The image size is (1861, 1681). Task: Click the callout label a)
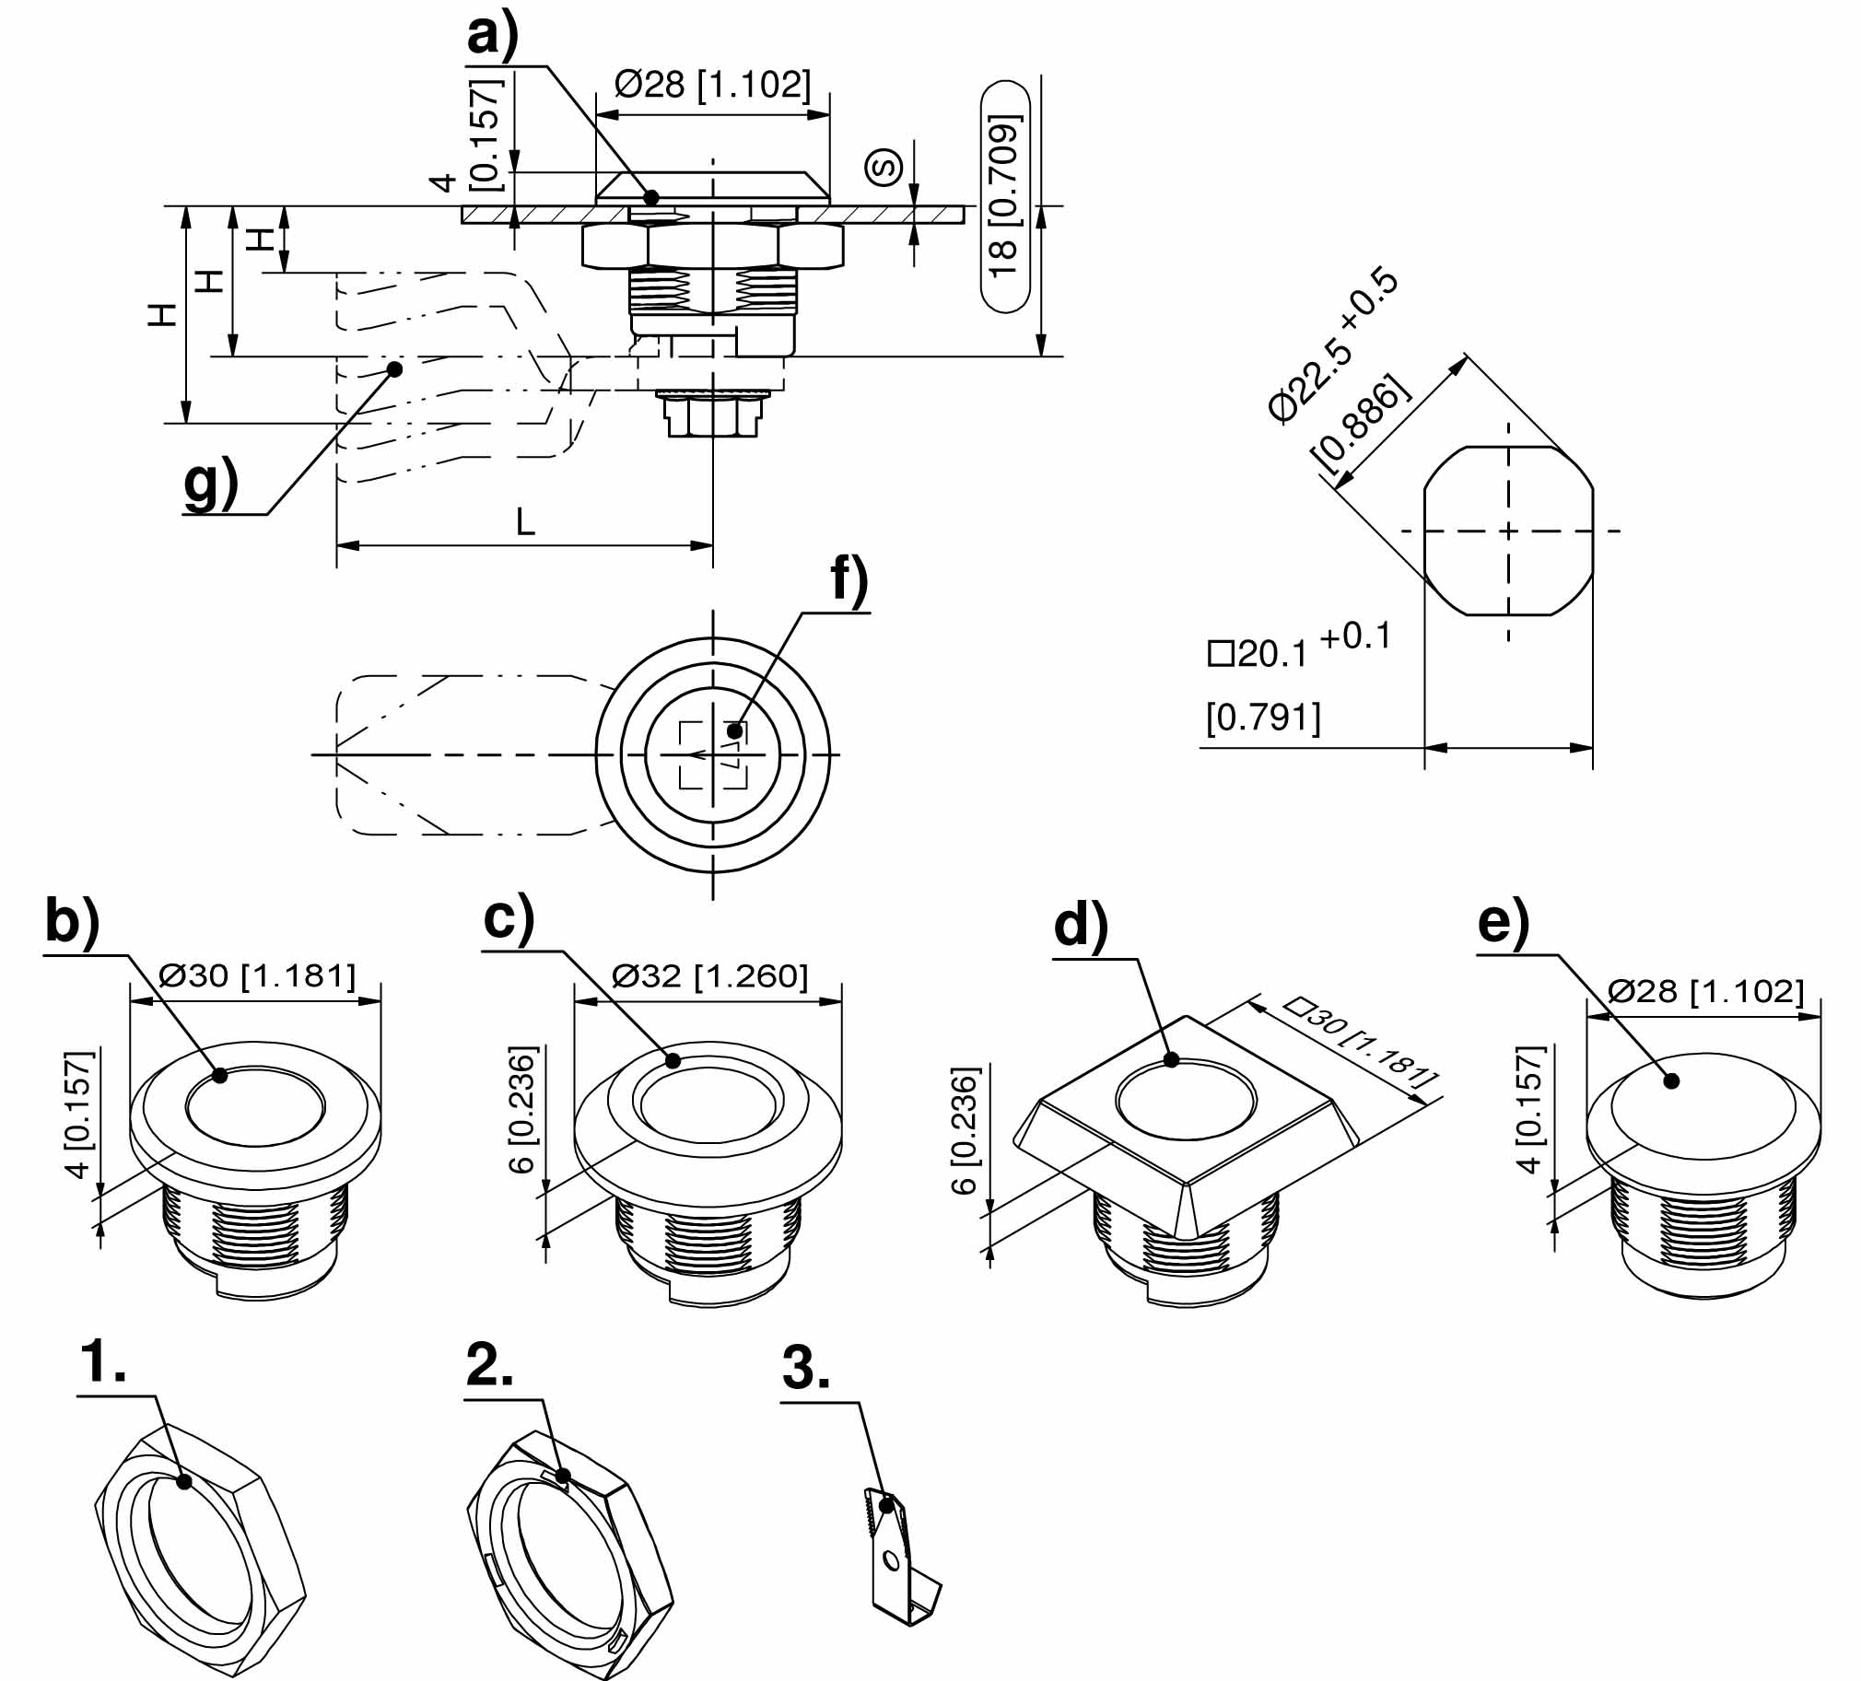tap(493, 37)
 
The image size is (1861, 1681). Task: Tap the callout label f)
tap(849, 582)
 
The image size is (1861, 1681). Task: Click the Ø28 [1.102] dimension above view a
tap(713, 85)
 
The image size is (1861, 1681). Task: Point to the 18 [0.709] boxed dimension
tap(1003, 196)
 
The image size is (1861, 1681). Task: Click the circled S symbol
tap(884, 167)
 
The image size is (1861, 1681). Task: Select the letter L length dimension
tap(525, 523)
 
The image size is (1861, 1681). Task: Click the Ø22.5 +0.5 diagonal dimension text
tap(1333, 345)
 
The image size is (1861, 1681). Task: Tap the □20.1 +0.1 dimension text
tap(1298, 648)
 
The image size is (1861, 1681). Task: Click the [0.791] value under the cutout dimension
tap(1263, 718)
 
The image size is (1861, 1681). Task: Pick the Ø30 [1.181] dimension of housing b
tap(257, 975)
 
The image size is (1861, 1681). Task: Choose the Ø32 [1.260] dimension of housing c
tap(709, 975)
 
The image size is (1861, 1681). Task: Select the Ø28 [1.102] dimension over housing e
tap(1705, 990)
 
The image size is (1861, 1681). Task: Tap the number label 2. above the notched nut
tap(489, 1364)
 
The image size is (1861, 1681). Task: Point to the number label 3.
tap(805, 1368)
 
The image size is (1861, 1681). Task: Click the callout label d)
tap(1080, 926)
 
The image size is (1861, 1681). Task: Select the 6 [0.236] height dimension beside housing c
tap(522, 1110)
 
